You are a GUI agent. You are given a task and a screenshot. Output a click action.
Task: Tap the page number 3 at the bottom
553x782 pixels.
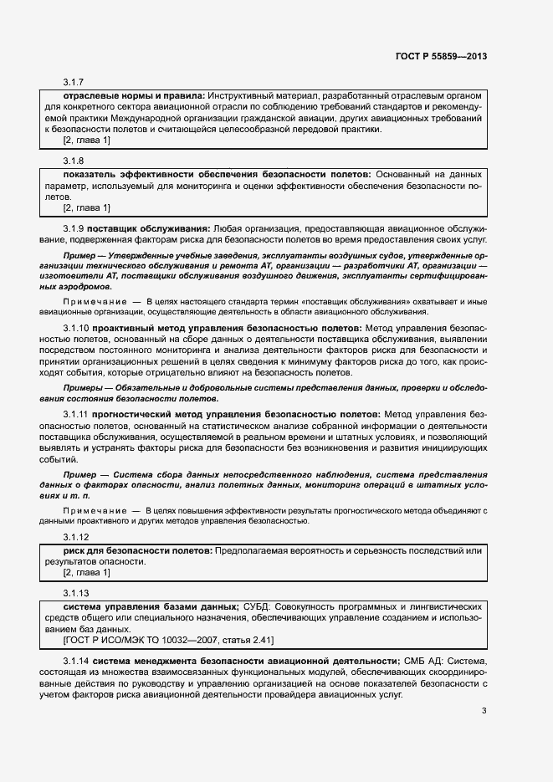[484, 712]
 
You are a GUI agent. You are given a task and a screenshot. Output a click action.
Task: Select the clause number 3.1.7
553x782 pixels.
[74, 82]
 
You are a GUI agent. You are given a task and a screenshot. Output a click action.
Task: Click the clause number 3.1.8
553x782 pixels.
[74, 159]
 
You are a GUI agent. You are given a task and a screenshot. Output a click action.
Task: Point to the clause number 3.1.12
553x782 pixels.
[76, 536]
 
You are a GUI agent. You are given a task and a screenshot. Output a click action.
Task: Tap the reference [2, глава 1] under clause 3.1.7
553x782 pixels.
[87, 141]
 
